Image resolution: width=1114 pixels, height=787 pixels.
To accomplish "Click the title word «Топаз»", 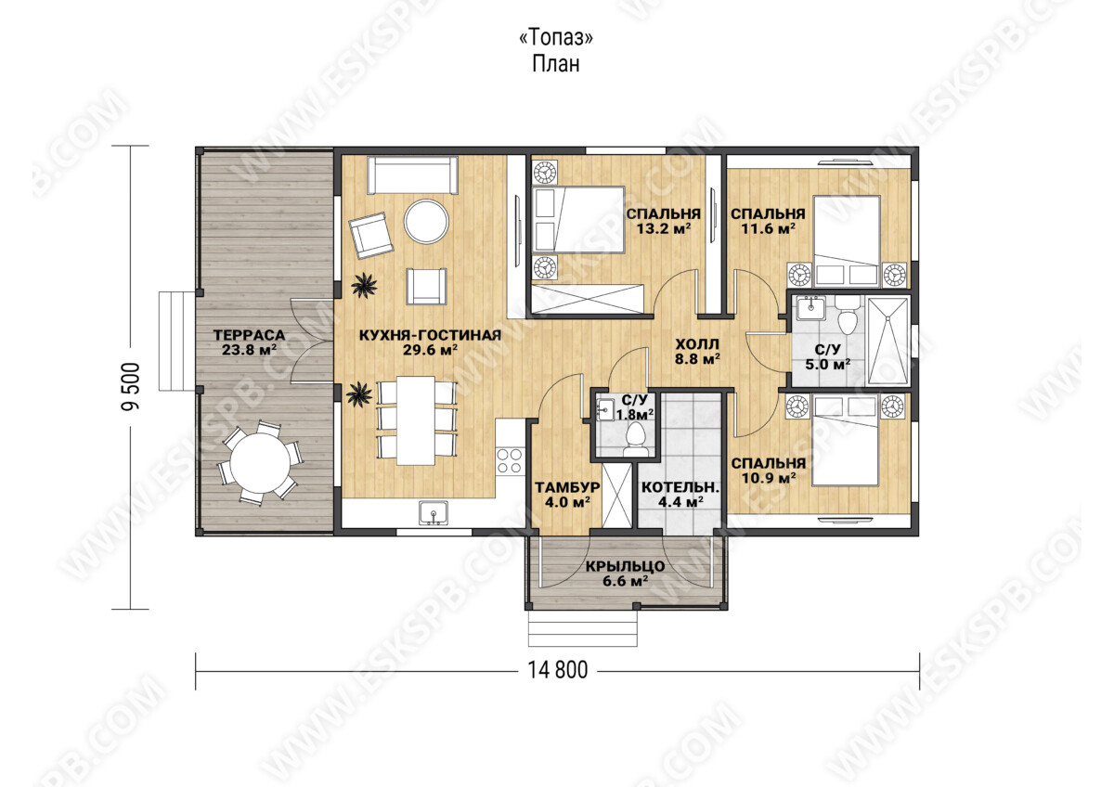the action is (556, 38).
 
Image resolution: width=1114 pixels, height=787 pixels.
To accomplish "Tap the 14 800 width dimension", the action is (558, 670).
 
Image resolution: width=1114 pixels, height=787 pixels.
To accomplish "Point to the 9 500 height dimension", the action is (131, 386).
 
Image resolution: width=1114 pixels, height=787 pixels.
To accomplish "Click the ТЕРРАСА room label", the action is (249, 335).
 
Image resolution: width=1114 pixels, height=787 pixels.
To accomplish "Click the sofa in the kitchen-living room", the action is (413, 175).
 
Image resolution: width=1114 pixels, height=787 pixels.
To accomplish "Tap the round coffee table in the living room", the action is (427, 221).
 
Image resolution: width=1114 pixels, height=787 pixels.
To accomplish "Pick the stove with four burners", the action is (510, 461).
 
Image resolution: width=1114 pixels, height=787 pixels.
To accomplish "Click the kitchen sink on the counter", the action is (434, 512).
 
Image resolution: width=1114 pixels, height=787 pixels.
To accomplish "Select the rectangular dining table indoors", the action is (416, 420).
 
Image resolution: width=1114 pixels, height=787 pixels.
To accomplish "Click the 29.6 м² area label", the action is (430, 350).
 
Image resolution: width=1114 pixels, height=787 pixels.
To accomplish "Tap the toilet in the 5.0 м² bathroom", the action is (848, 316).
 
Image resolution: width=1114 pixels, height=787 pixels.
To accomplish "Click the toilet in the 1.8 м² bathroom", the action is (636, 440).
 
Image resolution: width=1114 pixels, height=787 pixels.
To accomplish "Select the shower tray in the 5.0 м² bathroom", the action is (887, 341).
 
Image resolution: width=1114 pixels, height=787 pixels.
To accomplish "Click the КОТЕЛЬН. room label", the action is (680, 487).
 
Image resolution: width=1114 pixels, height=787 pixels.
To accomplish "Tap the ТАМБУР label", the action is (567, 487).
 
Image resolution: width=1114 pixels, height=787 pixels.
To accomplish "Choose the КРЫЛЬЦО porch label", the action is (625, 566).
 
